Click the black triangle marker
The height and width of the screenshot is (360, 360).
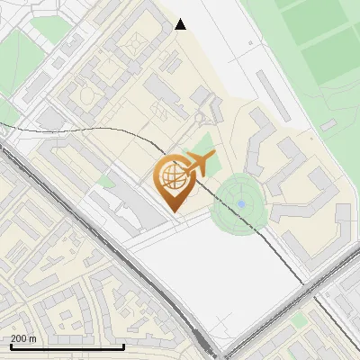point(181,24)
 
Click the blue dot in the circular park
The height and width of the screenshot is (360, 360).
point(241,203)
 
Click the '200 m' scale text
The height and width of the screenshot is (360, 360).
point(24,338)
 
